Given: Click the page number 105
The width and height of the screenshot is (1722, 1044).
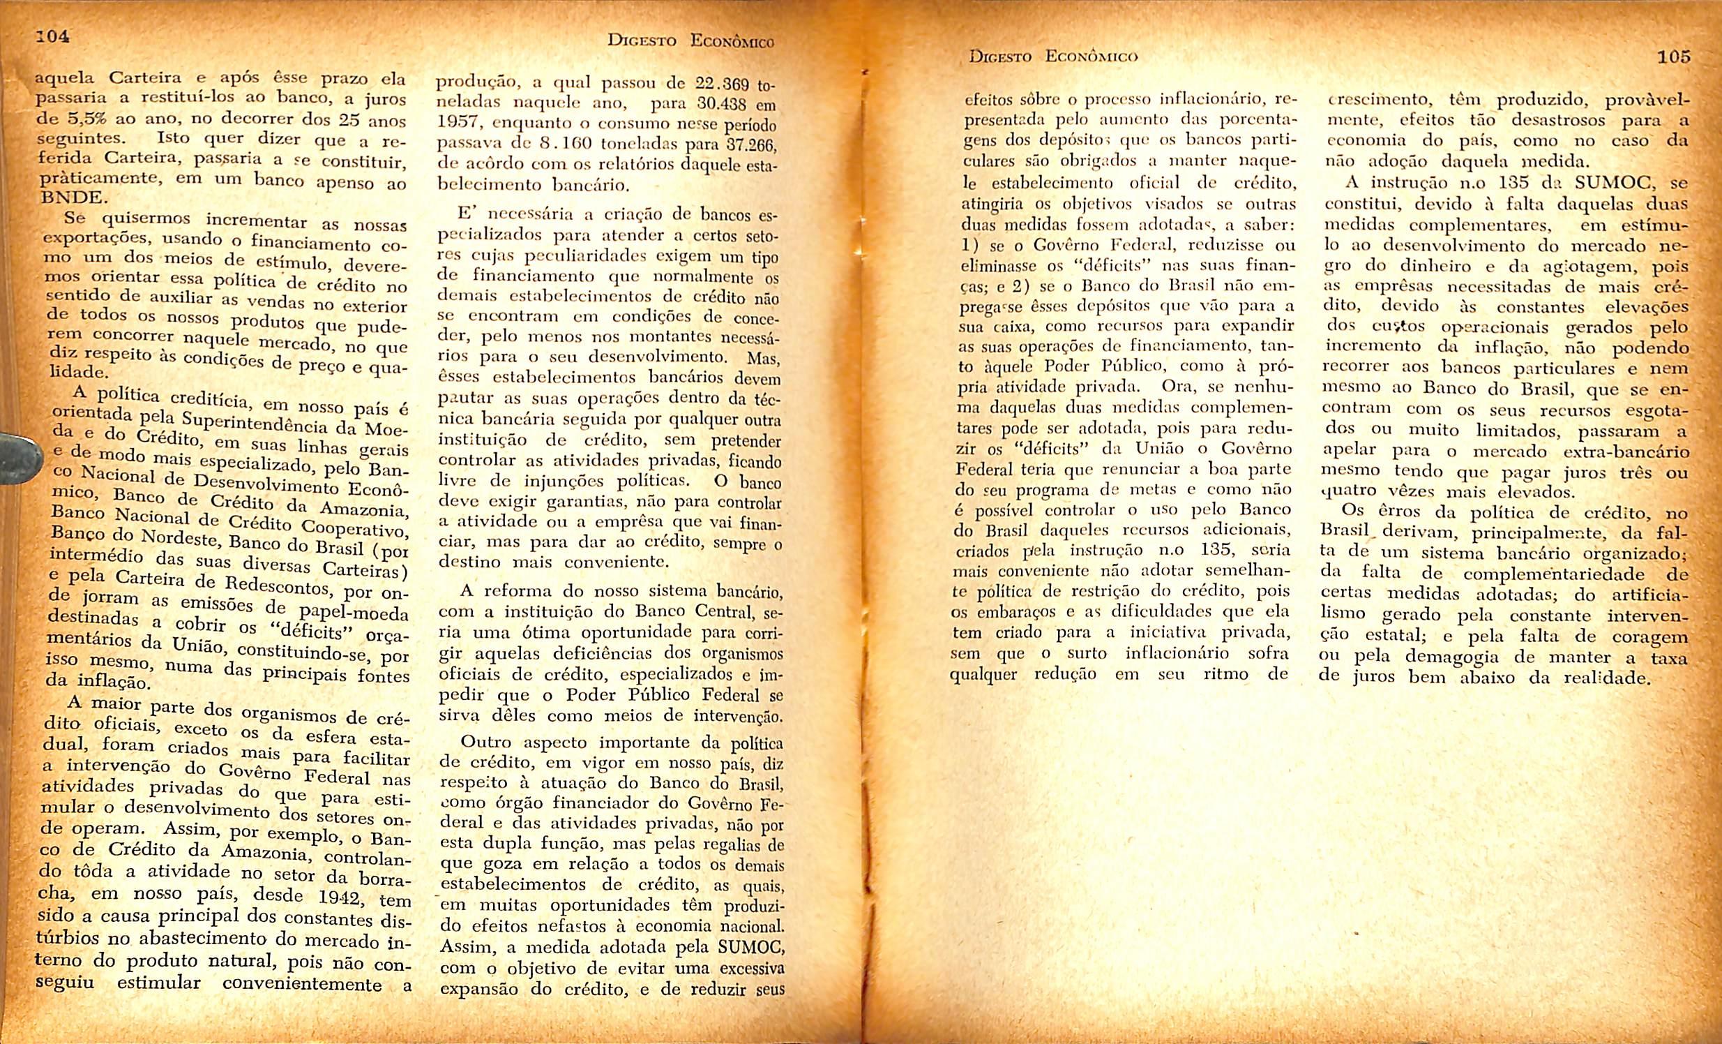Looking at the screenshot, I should pyautogui.click(x=1673, y=56).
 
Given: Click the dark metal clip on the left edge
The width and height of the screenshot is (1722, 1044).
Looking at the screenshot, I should pyautogui.click(x=15, y=455).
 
